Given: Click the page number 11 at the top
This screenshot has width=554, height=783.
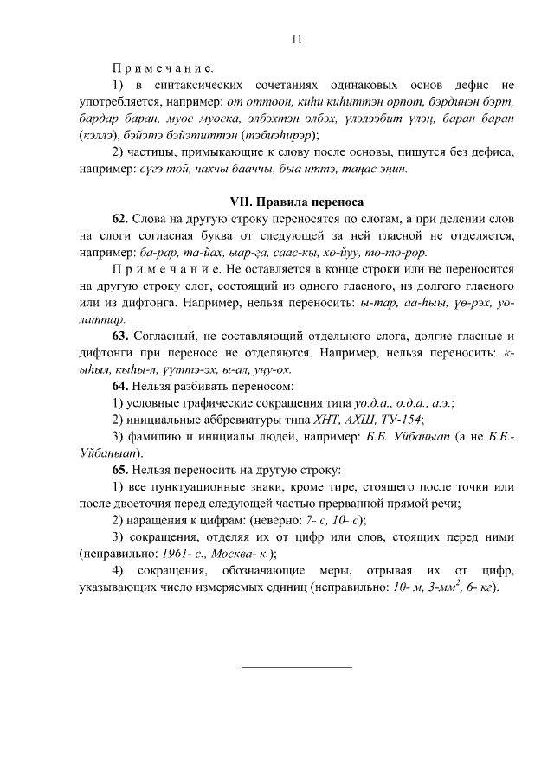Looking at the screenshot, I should tap(296, 38).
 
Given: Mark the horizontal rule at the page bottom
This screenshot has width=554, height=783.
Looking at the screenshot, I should tap(296, 666).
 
